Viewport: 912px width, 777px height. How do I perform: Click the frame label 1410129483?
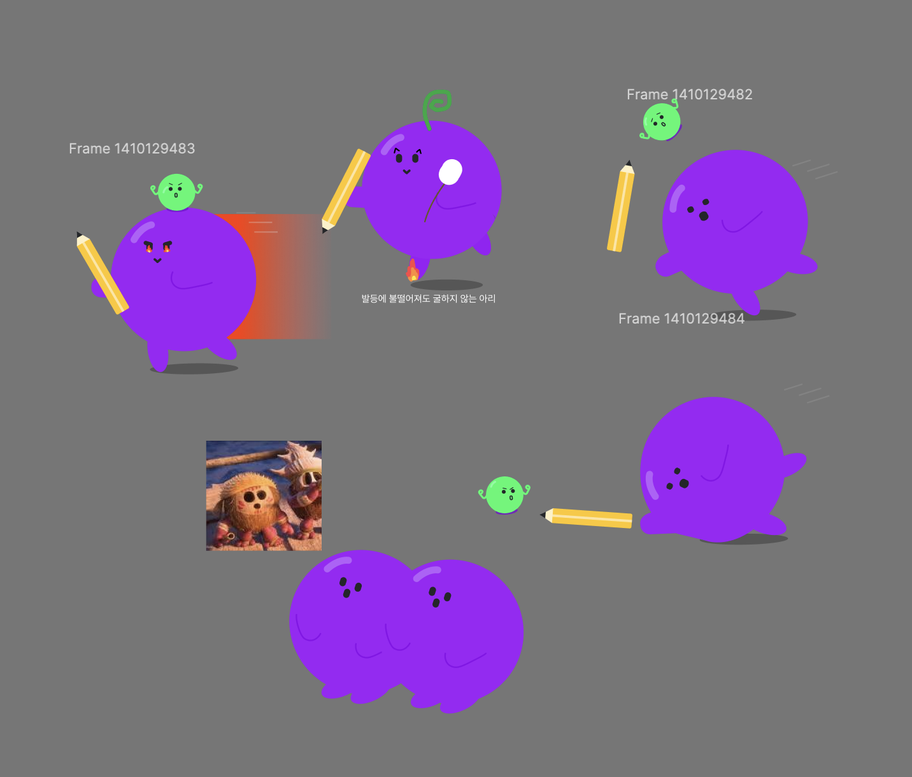132,148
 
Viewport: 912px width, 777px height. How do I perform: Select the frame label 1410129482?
689,94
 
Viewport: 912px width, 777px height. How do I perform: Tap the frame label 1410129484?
681,318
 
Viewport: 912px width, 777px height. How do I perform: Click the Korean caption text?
428,299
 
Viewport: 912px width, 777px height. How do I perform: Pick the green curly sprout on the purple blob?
437,106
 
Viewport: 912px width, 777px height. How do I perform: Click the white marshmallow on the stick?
450,172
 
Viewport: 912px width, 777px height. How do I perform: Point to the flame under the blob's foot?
413,271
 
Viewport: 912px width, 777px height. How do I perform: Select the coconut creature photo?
264,495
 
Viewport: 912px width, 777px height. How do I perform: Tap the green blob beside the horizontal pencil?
504,495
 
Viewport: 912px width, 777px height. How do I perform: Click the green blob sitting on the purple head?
176,192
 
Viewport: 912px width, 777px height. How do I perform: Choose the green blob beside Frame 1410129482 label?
661,122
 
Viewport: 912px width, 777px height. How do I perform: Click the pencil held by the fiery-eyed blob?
102,274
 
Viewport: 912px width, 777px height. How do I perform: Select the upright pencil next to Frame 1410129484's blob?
621,208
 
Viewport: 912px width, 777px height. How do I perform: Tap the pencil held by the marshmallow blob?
346,190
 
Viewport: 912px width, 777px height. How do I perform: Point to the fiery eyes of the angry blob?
158,246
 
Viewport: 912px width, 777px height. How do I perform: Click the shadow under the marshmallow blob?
446,285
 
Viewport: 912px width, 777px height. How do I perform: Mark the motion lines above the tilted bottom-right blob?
808,392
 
